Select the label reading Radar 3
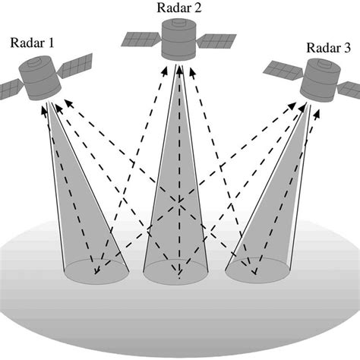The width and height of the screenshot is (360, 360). click(329, 49)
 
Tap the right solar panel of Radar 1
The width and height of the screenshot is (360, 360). click(77, 67)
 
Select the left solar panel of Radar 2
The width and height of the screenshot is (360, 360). click(141, 38)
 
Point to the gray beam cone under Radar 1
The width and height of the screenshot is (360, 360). click(84, 197)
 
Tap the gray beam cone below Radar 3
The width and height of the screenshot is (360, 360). click(270, 197)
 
